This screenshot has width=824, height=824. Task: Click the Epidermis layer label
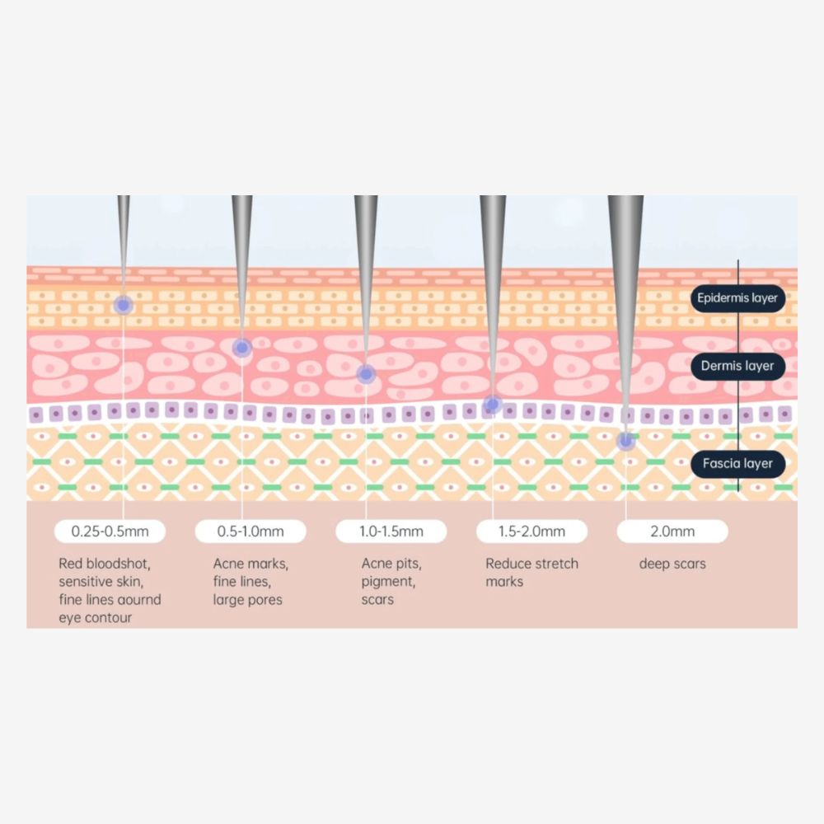click(737, 297)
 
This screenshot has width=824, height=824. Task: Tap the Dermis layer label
click(737, 366)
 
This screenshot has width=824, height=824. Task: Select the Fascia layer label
click(737, 463)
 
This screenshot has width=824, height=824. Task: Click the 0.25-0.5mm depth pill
click(110, 531)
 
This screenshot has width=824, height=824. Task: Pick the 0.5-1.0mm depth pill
click(250, 531)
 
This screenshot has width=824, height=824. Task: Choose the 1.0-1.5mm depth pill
click(391, 531)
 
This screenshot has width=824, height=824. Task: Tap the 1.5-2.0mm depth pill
click(531, 531)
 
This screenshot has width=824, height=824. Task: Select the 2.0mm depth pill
click(672, 531)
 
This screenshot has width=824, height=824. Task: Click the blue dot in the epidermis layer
click(123, 305)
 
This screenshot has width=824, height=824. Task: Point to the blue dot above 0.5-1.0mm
click(241, 348)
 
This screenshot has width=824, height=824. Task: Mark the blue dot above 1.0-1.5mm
click(365, 374)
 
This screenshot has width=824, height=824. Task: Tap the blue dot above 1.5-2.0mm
click(492, 404)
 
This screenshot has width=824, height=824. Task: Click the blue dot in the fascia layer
click(625, 441)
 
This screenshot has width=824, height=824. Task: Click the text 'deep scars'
click(672, 564)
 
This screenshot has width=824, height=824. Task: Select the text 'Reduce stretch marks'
click(531, 573)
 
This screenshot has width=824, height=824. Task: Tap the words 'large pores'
click(247, 600)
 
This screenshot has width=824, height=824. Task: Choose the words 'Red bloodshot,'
click(105, 564)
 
